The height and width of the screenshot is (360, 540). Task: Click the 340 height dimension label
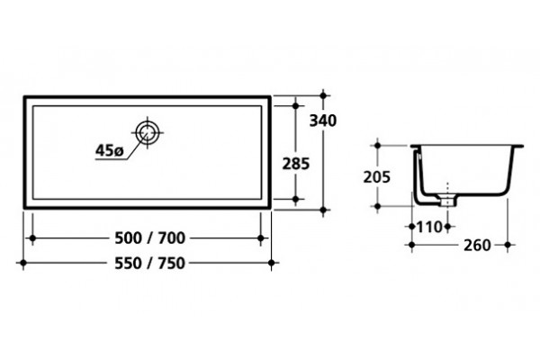[x=323, y=121]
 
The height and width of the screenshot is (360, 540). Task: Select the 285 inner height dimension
[x=296, y=164]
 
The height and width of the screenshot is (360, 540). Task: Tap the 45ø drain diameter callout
[x=109, y=150]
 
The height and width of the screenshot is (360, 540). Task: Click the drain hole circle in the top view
[x=148, y=132]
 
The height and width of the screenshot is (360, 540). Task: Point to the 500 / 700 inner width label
[x=149, y=238]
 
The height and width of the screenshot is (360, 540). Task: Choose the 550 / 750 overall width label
[x=149, y=263]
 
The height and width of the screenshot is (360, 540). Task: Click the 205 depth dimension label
[x=377, y=177]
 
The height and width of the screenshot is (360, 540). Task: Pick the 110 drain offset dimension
[x=429, y=227]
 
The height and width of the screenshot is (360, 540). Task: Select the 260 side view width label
[x=477, y=246]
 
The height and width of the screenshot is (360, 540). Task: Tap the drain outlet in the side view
[x=447, y=201]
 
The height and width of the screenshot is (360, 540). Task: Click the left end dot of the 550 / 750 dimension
[x=23, y=263]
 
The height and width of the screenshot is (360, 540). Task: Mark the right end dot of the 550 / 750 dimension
[x=272, y=263]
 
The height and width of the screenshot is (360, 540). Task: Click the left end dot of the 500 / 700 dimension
[x=32, y=238]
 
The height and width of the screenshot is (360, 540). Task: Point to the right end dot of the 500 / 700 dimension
[x=261, y=238]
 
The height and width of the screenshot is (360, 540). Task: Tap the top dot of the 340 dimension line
[x=323, y=95]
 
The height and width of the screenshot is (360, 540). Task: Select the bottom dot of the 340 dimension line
[x=323, y=209]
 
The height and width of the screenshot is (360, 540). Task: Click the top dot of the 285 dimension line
[x=295, y=106]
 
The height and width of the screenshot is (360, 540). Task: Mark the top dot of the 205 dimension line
[x=377, y=146]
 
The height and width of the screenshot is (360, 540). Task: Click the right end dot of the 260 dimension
[x=508, y=245]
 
